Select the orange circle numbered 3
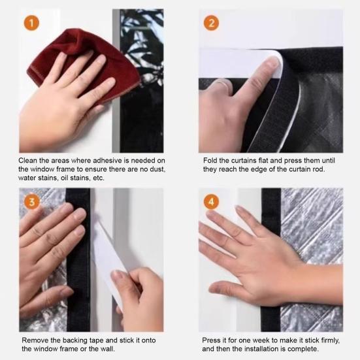point(31,201)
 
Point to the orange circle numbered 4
point(211,201)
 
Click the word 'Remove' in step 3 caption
point(36,341)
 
